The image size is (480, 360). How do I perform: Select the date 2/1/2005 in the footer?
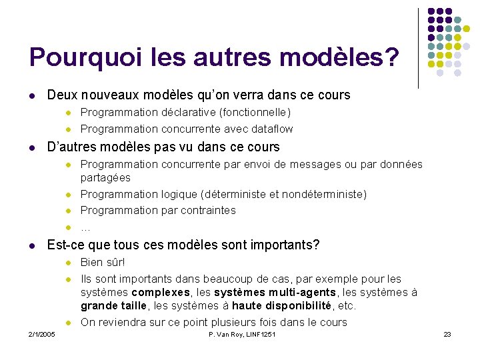tap(41, 334)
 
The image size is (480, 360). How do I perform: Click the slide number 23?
tap(447, 334)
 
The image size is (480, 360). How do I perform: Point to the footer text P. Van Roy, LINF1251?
tap(241, 334)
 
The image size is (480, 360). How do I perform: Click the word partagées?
tap(105, 178)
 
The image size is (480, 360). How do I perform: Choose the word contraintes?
tap(205, 210)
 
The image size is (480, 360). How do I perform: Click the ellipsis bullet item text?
tap(85, 227)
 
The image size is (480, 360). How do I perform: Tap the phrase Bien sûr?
tap(103, 262)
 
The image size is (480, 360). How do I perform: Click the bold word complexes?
tap(161, 293)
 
